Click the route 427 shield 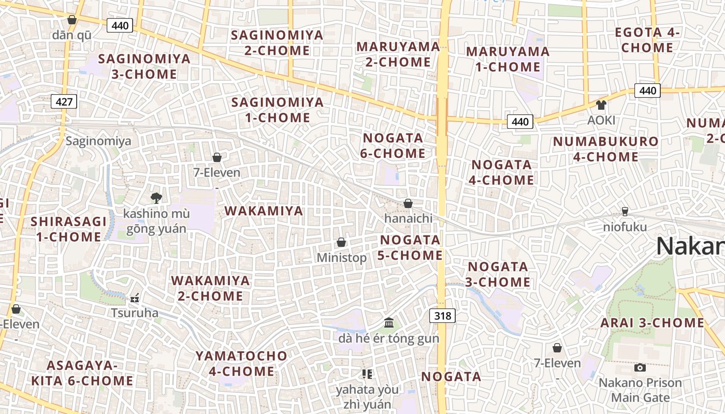coord(64,101)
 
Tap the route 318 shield coord(442,315)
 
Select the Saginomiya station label coord(98,141)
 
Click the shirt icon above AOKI coord(601,105)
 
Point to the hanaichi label coord(408,218)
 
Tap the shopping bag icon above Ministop coord(341,242)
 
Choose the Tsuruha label coord(135,313)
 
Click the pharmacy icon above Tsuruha coord(135,298)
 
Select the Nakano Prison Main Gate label coord(640,390)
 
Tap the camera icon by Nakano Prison coord(640,367)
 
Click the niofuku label coord(625,227)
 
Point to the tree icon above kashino coord(156,198)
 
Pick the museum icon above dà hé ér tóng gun coord(389,323)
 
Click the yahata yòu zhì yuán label coord(367,396)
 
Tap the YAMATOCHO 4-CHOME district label coord(241,363)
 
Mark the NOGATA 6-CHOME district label coord(394,146)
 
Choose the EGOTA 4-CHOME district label coord(647,40)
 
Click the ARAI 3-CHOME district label coord(652,323)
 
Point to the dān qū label coord(72,35)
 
